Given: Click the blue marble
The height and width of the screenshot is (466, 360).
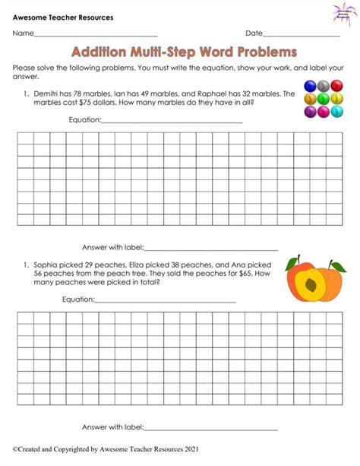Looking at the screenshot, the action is point(310,87).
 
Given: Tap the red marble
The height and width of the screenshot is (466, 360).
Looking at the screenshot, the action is point(336,87).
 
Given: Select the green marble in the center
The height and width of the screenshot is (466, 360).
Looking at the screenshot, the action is point(323,100).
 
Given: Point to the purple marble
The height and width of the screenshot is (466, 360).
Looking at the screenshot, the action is point(310,113).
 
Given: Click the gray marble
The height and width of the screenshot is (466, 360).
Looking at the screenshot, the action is point(323,87).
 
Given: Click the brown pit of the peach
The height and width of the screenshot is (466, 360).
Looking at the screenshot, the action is point(308,287).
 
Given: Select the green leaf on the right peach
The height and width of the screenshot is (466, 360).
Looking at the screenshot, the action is point(336,265).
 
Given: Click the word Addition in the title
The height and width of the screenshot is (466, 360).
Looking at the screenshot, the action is point(100,52).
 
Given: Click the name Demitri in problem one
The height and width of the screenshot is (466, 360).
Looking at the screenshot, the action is point(46,93).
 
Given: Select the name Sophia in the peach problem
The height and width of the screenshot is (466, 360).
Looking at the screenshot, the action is point(46,263).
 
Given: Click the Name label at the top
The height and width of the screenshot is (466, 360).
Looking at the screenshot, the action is point(23,33).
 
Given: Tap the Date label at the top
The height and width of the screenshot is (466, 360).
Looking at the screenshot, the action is point(254,33).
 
